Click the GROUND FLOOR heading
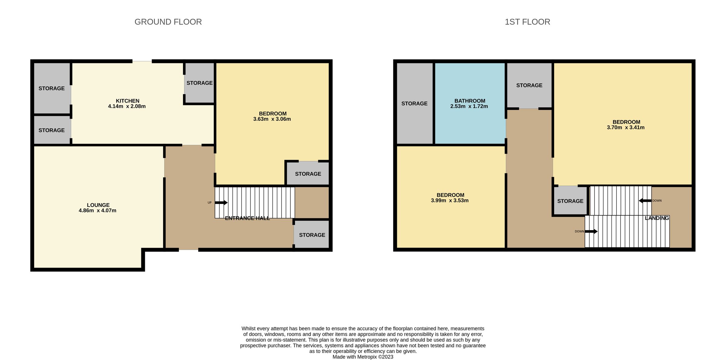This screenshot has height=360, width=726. coord(168,22)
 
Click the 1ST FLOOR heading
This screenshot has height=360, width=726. coord(527,22)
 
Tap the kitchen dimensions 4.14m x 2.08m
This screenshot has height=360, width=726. coord(127,106)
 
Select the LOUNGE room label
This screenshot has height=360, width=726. coord(98,205)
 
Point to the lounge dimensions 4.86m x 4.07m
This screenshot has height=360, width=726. coord(97,211)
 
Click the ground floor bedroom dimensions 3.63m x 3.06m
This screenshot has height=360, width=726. coord(272,119)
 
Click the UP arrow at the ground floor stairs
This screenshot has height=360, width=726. coord(221,203)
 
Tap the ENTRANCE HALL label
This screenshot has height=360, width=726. coord(247,218)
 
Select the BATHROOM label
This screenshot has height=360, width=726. coord(469,101)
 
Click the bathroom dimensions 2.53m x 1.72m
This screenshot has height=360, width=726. coord(469,106)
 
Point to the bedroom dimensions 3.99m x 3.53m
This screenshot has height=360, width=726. coord(450,201)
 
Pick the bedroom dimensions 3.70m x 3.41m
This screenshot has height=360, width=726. coord(626,128)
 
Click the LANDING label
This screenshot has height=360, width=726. coord(657,218)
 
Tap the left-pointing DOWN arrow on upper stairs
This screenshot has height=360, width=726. coord(645,201)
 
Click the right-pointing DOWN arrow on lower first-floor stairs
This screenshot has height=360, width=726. coord(591,231)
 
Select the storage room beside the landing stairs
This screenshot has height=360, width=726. coord(570,201)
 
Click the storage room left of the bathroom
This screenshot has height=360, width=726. coord(414,104)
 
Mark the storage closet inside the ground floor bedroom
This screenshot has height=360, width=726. coord(308,174)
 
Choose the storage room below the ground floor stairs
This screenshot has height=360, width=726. coord(312,235)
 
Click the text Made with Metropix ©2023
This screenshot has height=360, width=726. coord(363,357)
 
